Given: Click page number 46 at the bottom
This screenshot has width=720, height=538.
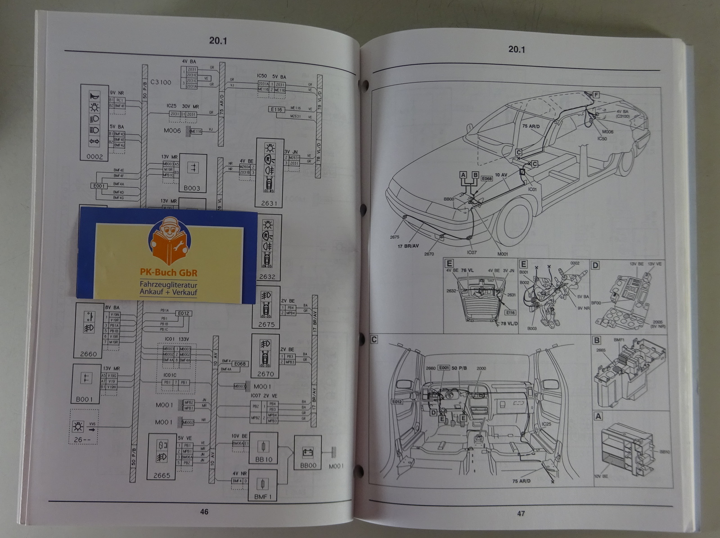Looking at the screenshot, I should (x=204, y=511).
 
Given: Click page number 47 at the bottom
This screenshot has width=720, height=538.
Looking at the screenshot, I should (x=521, y=513).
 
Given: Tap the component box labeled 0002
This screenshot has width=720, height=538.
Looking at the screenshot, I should (x=94, y=122).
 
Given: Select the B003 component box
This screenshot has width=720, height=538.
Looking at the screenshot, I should (x=192, y=173).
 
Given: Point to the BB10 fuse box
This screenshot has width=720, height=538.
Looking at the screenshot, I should (x=263, y=448).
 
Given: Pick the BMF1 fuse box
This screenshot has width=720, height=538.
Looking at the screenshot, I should (x=262, y=485).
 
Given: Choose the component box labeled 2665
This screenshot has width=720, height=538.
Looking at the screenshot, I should (x=162, y=457).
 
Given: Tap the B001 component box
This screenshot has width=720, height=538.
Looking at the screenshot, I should (x=85, y=384).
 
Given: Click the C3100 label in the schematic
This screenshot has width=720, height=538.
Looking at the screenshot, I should (x=161, y=82).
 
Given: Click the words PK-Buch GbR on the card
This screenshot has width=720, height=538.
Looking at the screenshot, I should (x=168, y=273).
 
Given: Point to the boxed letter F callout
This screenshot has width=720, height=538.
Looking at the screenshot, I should (x=596, y=95).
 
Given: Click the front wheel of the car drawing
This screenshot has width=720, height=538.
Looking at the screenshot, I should (x=512, y=222).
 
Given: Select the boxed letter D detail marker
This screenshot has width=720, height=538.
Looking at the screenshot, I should (x=595, y=265).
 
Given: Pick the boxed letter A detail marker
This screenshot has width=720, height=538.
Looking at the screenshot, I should (x=598, y=417).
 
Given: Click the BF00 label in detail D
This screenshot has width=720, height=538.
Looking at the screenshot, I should (x=596, y=303).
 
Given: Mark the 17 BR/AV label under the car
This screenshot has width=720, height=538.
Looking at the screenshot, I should (x=408, y=246).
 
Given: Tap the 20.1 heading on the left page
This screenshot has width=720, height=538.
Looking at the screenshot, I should (x=218, y=40).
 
